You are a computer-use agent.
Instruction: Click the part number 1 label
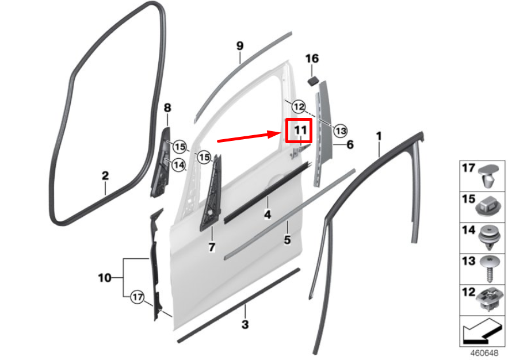click(x=379, y=136)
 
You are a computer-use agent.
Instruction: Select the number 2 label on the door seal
click(x=105, y=174)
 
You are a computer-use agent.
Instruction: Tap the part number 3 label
click(x=245, y=325)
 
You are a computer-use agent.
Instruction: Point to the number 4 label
click(x=268, y=215)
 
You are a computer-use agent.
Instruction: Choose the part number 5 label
click(x=287, y=239)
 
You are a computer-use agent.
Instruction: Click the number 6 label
click(x=349, y=144)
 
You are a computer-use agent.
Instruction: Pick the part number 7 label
click(x=211, y=247)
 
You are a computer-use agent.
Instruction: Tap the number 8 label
click(x=167, y=108)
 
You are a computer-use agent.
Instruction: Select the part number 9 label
click(x=240, y=46)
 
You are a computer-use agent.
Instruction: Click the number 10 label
click(x=104, y=278)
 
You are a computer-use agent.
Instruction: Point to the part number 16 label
click(x=311, y=59)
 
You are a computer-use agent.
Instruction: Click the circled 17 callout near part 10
click(x=136, y=297)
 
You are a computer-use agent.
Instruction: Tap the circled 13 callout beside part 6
click(x=341, y=131)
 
